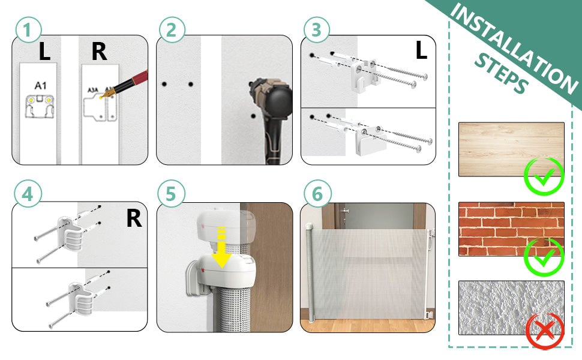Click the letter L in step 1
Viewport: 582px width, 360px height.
point(44,52)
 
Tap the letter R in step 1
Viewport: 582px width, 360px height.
point(98,52)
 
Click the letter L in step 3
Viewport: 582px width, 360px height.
point(421,51)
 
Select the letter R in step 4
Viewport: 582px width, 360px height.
point(133,219)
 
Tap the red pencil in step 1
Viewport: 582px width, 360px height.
point(129,84)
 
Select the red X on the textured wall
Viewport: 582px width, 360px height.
point(544,329)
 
